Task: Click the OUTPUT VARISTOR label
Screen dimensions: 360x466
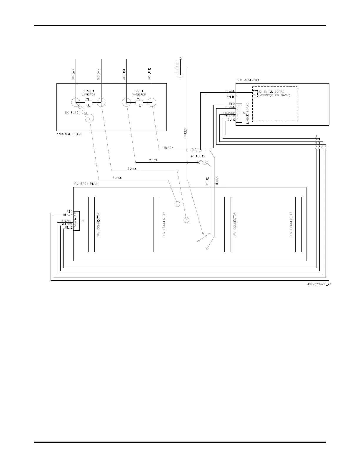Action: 89,93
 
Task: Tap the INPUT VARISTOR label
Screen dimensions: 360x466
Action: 139,93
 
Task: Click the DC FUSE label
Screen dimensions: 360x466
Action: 71,113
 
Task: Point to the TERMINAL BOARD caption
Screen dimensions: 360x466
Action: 69,134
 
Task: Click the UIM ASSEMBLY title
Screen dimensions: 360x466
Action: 248,80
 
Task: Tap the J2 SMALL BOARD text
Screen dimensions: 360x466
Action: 271,91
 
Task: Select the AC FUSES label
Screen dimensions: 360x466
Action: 198,156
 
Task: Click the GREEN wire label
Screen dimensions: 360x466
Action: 185,133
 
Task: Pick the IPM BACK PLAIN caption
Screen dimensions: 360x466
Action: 86,184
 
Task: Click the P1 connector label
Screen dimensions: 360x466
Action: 83,221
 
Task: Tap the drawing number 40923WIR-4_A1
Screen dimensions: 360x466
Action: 319,284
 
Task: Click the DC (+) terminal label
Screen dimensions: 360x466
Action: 73,75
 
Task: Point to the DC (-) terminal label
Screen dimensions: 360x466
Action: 99,75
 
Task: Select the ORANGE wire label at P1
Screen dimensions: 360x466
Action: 66,221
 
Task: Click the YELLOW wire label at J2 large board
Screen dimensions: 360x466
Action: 229,116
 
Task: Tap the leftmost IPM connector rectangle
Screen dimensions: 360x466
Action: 91,224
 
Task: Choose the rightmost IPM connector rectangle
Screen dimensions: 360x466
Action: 298,224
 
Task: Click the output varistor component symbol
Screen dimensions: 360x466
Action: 89,103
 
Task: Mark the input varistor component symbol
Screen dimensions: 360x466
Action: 139,103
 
